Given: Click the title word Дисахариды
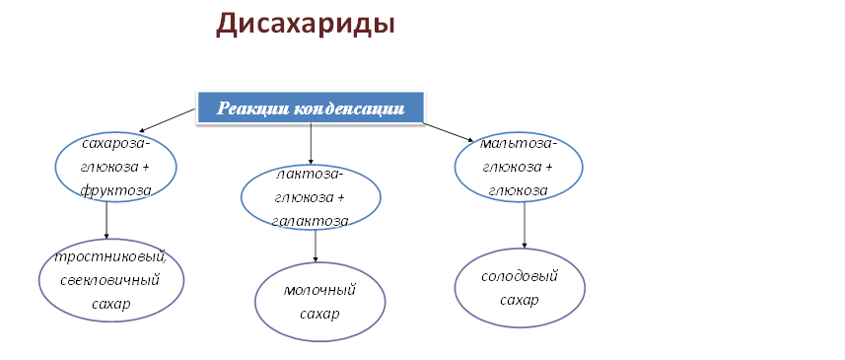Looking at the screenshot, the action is point(305,26).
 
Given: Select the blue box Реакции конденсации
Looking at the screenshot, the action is point(311,108).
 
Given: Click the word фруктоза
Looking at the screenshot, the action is point(116,190).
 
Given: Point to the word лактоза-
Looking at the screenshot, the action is point(310,176).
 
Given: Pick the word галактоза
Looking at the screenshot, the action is point(310,221).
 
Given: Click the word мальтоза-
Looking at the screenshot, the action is point(519,144).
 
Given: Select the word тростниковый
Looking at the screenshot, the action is point(111,257).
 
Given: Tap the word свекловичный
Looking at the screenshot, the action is point(110,281).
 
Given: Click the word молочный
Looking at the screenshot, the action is point(319,291).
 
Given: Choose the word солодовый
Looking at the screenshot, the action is point(520,276).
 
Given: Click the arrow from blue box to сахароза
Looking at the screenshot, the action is point(167,119).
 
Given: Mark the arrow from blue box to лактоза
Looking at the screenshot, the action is point(311,143).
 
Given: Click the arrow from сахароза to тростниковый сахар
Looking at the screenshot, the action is point(106,220).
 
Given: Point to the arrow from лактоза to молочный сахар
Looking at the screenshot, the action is point(316,247).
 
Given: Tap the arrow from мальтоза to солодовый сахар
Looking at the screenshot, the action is point(525,225).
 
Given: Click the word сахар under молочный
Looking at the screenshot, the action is point(319,315).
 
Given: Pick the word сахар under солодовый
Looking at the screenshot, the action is point(520,300).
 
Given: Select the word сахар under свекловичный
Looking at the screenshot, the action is point(111,304).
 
